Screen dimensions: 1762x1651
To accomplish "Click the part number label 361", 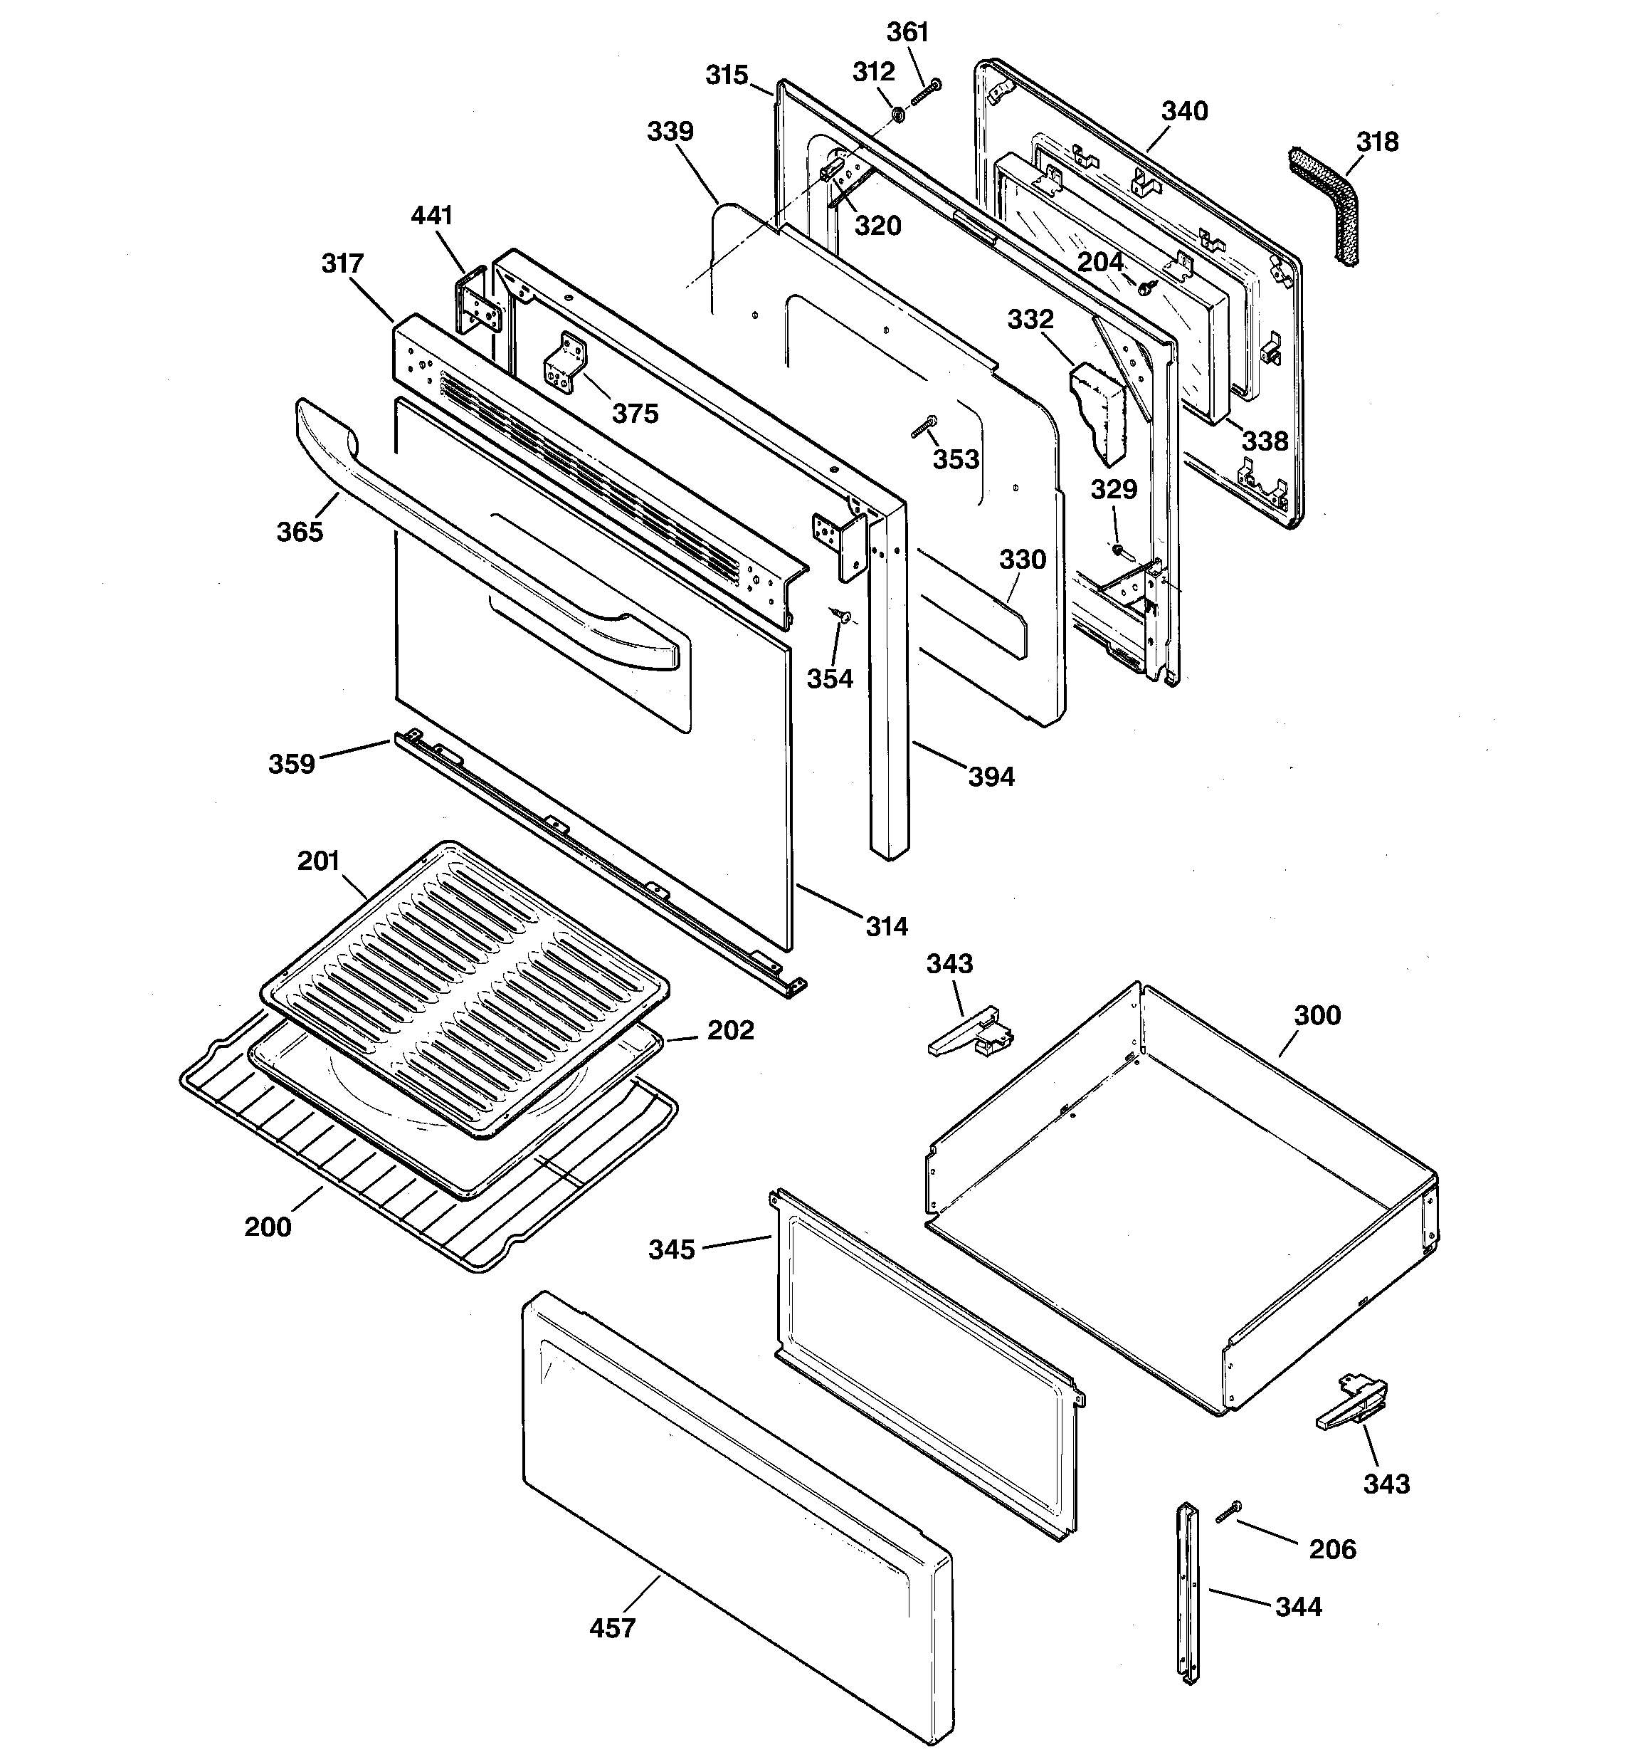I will pos(907,33).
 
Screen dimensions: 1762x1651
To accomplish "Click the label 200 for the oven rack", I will pos(268,1227).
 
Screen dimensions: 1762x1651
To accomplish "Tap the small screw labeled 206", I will pos(1229,1512).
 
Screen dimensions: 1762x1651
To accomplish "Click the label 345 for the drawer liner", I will pos(671,1249).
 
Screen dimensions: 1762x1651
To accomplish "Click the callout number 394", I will pos(990,777).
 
